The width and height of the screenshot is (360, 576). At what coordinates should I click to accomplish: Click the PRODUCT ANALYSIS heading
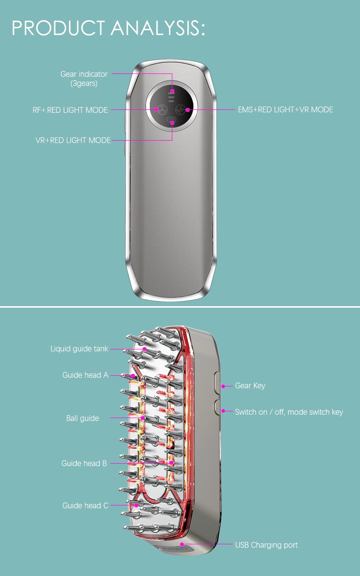(108, 28)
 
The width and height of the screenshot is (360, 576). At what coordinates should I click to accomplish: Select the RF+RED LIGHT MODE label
(70, 110)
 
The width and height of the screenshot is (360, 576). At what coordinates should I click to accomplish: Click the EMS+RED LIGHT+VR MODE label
(286, 110)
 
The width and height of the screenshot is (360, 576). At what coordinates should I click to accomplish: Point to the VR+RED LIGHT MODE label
(73, 141)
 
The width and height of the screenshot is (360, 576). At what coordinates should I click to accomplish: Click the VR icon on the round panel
(172, 120)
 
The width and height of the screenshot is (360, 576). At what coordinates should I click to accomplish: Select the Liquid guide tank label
(80, 348)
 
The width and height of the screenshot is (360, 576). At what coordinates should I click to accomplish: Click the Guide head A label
(85, 375)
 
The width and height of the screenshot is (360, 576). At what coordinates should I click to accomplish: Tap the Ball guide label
(83, 418)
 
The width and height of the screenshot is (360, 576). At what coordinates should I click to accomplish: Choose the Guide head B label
(84, 463)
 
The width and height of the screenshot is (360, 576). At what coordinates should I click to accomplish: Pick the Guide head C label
(85, 505)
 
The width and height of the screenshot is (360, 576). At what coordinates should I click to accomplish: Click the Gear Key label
(250, 385)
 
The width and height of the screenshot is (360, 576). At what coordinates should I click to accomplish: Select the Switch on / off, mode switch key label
(289, 412)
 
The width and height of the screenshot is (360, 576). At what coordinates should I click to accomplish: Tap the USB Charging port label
(266, 545)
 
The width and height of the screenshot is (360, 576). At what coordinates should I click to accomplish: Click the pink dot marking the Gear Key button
(223, 385)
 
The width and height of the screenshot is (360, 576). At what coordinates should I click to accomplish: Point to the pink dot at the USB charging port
(182, 544)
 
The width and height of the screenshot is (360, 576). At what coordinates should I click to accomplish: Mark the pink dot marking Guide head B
(171, 463)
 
